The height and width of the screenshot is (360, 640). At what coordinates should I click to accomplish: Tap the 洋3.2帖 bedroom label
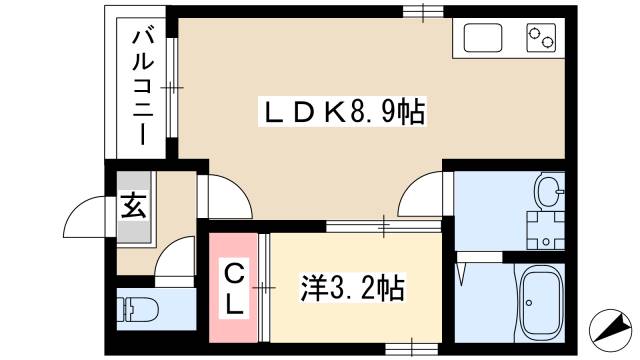coord(353,290)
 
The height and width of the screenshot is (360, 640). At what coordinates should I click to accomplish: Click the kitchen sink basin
coord(485,40)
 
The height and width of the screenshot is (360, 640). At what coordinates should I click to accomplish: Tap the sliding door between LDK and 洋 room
coord(385,227)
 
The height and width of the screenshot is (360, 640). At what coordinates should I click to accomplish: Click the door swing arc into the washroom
coord(425,195)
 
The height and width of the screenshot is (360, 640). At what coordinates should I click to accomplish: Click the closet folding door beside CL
coord(264,288)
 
